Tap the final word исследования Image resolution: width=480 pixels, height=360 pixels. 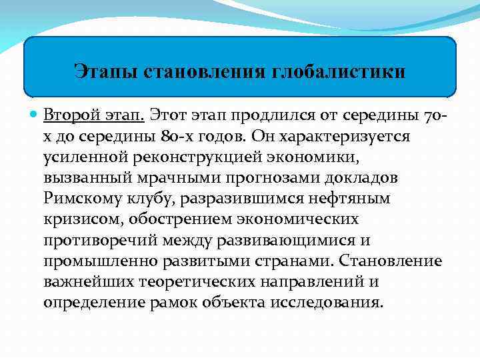tap(327, 302)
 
